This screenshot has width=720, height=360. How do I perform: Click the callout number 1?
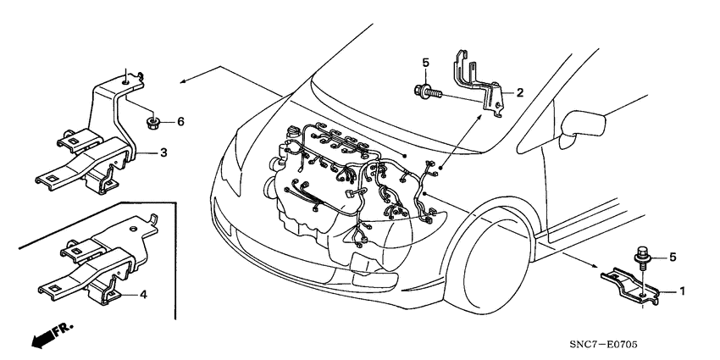click(681, 290)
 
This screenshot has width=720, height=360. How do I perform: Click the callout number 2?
click(519, 92)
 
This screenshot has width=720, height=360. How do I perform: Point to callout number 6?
click(180, 122)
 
